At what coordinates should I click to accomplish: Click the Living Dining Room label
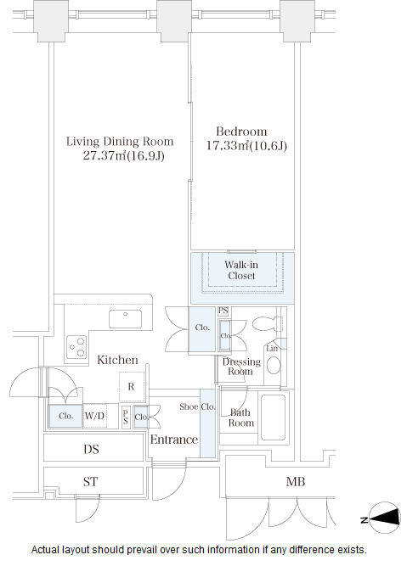pyautogui.click(x=120, y=142)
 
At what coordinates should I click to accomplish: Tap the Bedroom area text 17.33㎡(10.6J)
pyautogui.click(x=246, y=145)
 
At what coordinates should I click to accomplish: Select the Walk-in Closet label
pyautogui.click(x=241, y=270)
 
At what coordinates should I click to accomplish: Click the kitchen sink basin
pyautogui.click(x=125, y=319)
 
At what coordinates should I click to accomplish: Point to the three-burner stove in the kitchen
pyautogui.click(x=76, y=347)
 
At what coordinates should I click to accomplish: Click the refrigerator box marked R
pyautogui.click(x=132, y=387)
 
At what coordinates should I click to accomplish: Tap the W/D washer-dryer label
pyautogui.click(x=94, y=416)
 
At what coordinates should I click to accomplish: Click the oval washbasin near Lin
pyautogui.click(x=274, y=365)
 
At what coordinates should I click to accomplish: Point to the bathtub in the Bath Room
pyautogui.click(x=274, y=417)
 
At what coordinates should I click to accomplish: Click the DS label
pyautogui.click(x=91, y=449)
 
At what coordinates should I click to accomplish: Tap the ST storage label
pyautogui.click(x=90, y=481)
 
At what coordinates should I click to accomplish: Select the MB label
pyautogui.click(x=296, y=481)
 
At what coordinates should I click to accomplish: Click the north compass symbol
pyautogui.click(x=385, y=518)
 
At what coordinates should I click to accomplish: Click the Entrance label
pyautogui.click(x=174, y=440)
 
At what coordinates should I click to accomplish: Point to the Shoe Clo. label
pyautogui.click(x=197, y=406)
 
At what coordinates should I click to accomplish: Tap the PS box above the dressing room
pyautogui.click(x=223, y=311)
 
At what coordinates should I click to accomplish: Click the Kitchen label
pyautogui.click(x=117, y=360)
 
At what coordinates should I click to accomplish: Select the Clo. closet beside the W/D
pyautogui.click(x=65, y=416)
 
